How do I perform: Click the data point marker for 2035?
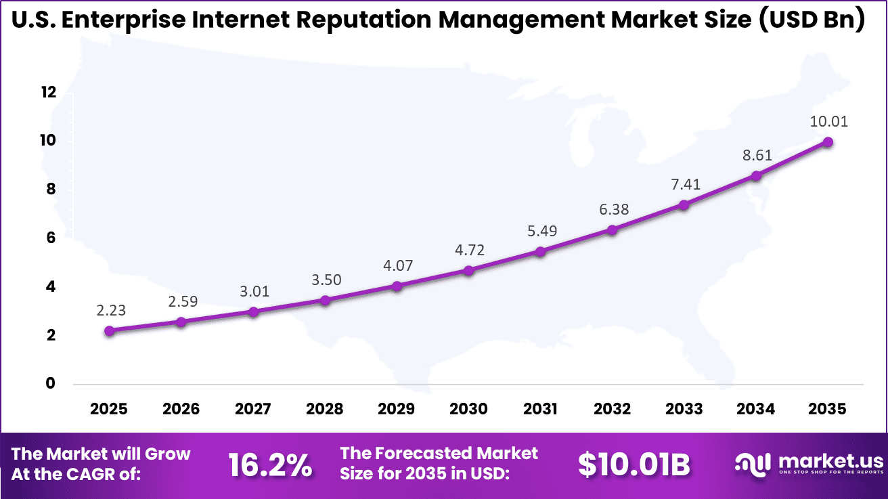[x=827, y=142]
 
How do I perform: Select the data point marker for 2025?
[x=110, y=331]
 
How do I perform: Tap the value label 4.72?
[x=468, y=250]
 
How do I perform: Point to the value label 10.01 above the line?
[x=827, y=122]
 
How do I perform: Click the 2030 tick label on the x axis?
[x=468, y=409]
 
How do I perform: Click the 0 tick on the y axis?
[x=49, y=384]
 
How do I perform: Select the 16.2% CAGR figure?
[x=270, y=465]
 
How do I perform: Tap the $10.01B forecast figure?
[x=634, y=465]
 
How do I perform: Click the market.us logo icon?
[x=752, y=464]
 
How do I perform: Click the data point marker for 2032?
[x=612, y=230]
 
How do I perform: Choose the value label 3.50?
[x=325, y=280]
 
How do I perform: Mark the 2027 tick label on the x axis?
[x=253, y=409]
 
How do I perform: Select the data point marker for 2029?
[x=397, y=286]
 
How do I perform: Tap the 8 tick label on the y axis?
[x=49, y=190]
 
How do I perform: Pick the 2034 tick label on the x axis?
[x=755, y=409]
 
